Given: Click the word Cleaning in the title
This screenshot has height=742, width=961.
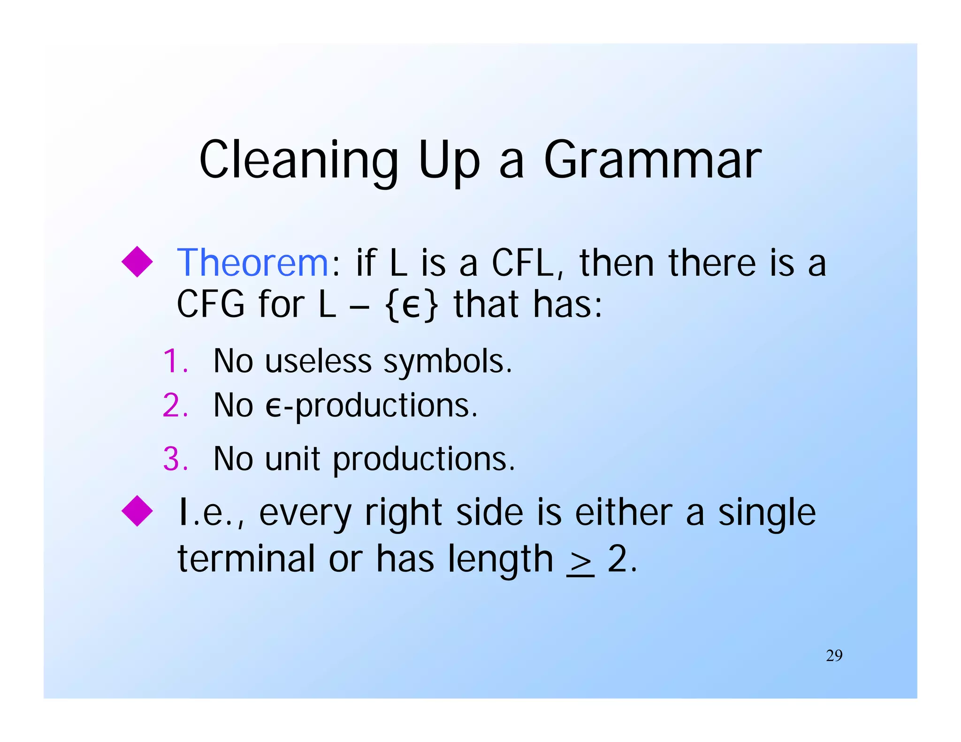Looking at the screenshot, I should [x=298, y=160].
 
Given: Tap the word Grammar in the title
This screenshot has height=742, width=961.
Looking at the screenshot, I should [x=652, y=160].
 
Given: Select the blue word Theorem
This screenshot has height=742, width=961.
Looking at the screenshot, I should [x=252, y=263].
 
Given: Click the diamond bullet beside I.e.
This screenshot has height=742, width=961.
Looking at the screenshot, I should [x=137, y=511].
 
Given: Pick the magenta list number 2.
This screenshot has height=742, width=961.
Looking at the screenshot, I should [x=175, y=406].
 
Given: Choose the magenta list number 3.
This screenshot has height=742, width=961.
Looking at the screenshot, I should [x=175, y=459].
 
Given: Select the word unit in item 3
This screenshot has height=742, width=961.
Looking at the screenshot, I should [x=292, y=459].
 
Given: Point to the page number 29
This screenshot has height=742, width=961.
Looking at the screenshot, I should [x=834, y=656].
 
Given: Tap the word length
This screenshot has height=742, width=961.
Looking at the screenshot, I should [x=500, y=560].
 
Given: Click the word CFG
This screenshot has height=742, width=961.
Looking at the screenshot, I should [x=211, y=305].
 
